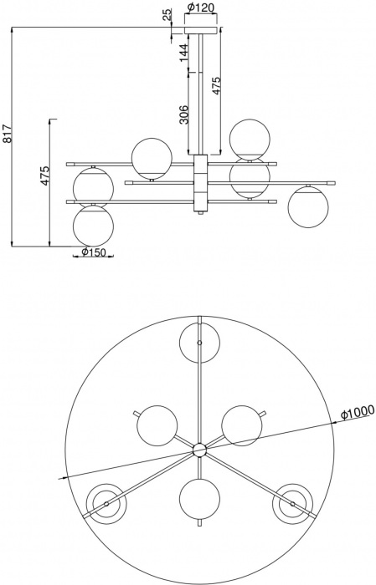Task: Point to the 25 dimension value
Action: point(167,14)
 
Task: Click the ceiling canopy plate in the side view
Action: point(199,30)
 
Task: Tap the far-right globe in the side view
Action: point(307,206)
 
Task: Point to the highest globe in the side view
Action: point(250,139)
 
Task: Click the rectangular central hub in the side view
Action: point(199,183)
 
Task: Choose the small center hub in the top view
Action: point(199,450)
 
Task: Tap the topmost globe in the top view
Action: point(199,343)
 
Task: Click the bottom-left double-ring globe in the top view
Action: point(106,504)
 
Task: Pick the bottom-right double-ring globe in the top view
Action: point(292,504)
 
